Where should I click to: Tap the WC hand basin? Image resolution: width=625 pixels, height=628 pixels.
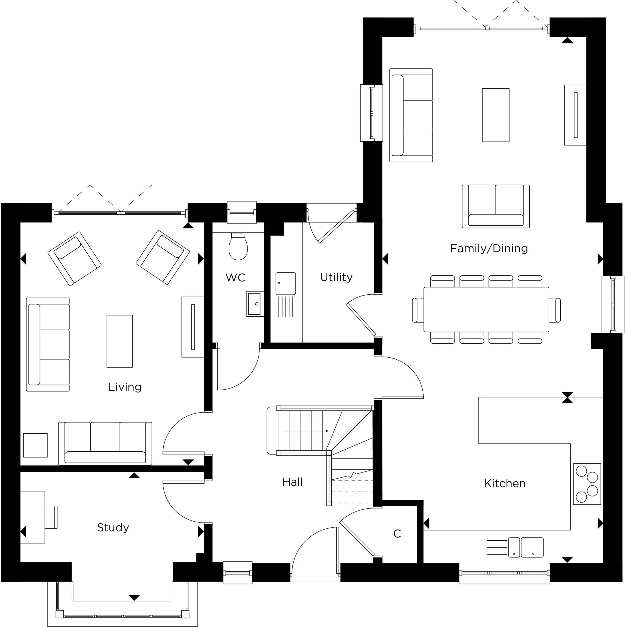(255, 304)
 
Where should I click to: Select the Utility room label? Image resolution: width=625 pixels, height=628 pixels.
(336, 277)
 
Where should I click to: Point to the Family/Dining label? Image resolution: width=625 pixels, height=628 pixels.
(489, 248)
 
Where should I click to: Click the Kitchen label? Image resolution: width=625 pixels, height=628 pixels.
(505, 483)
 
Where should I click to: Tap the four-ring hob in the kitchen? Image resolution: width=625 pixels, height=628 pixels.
(587, 484)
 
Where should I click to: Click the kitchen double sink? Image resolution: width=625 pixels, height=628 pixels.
(526, 547)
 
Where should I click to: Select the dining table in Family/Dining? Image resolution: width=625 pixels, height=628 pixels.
(486, 309)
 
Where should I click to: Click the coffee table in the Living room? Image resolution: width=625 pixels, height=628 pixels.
(120, 341)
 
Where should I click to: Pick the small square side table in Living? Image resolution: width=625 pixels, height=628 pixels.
(36, 445)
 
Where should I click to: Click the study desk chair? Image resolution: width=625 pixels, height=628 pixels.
(51, 517)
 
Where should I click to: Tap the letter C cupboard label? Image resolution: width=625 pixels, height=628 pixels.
(397, 534)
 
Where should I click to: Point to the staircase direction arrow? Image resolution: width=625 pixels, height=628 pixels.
(305, 431)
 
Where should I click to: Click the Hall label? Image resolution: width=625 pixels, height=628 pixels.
(292, 482)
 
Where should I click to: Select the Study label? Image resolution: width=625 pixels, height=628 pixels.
(113, 527)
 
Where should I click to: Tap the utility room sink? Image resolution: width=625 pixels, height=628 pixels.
(286, 283)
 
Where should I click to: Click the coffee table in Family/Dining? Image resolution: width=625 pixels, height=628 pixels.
(495, 115)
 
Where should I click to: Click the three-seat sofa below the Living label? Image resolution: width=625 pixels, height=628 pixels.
(105, 444)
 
